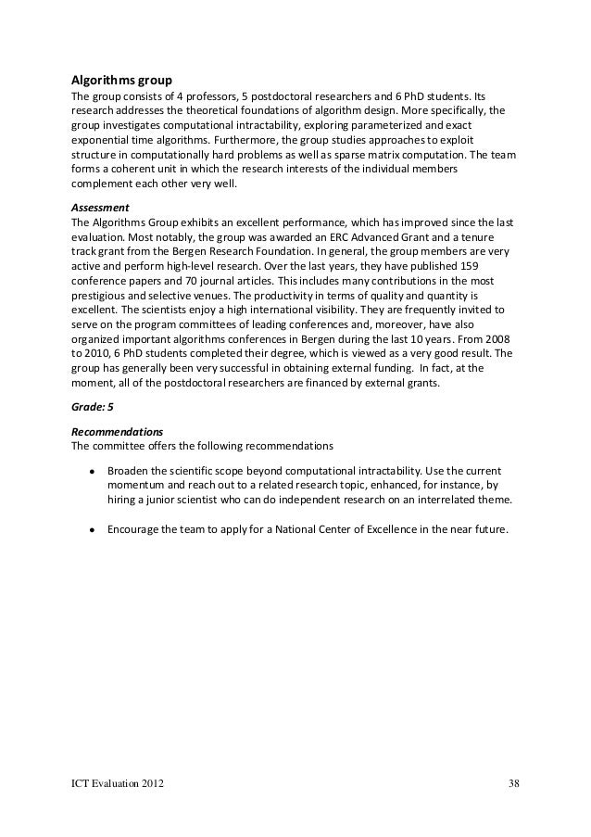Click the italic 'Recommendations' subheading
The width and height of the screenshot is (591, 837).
117,406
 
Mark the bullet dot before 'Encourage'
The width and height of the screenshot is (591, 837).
93,531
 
